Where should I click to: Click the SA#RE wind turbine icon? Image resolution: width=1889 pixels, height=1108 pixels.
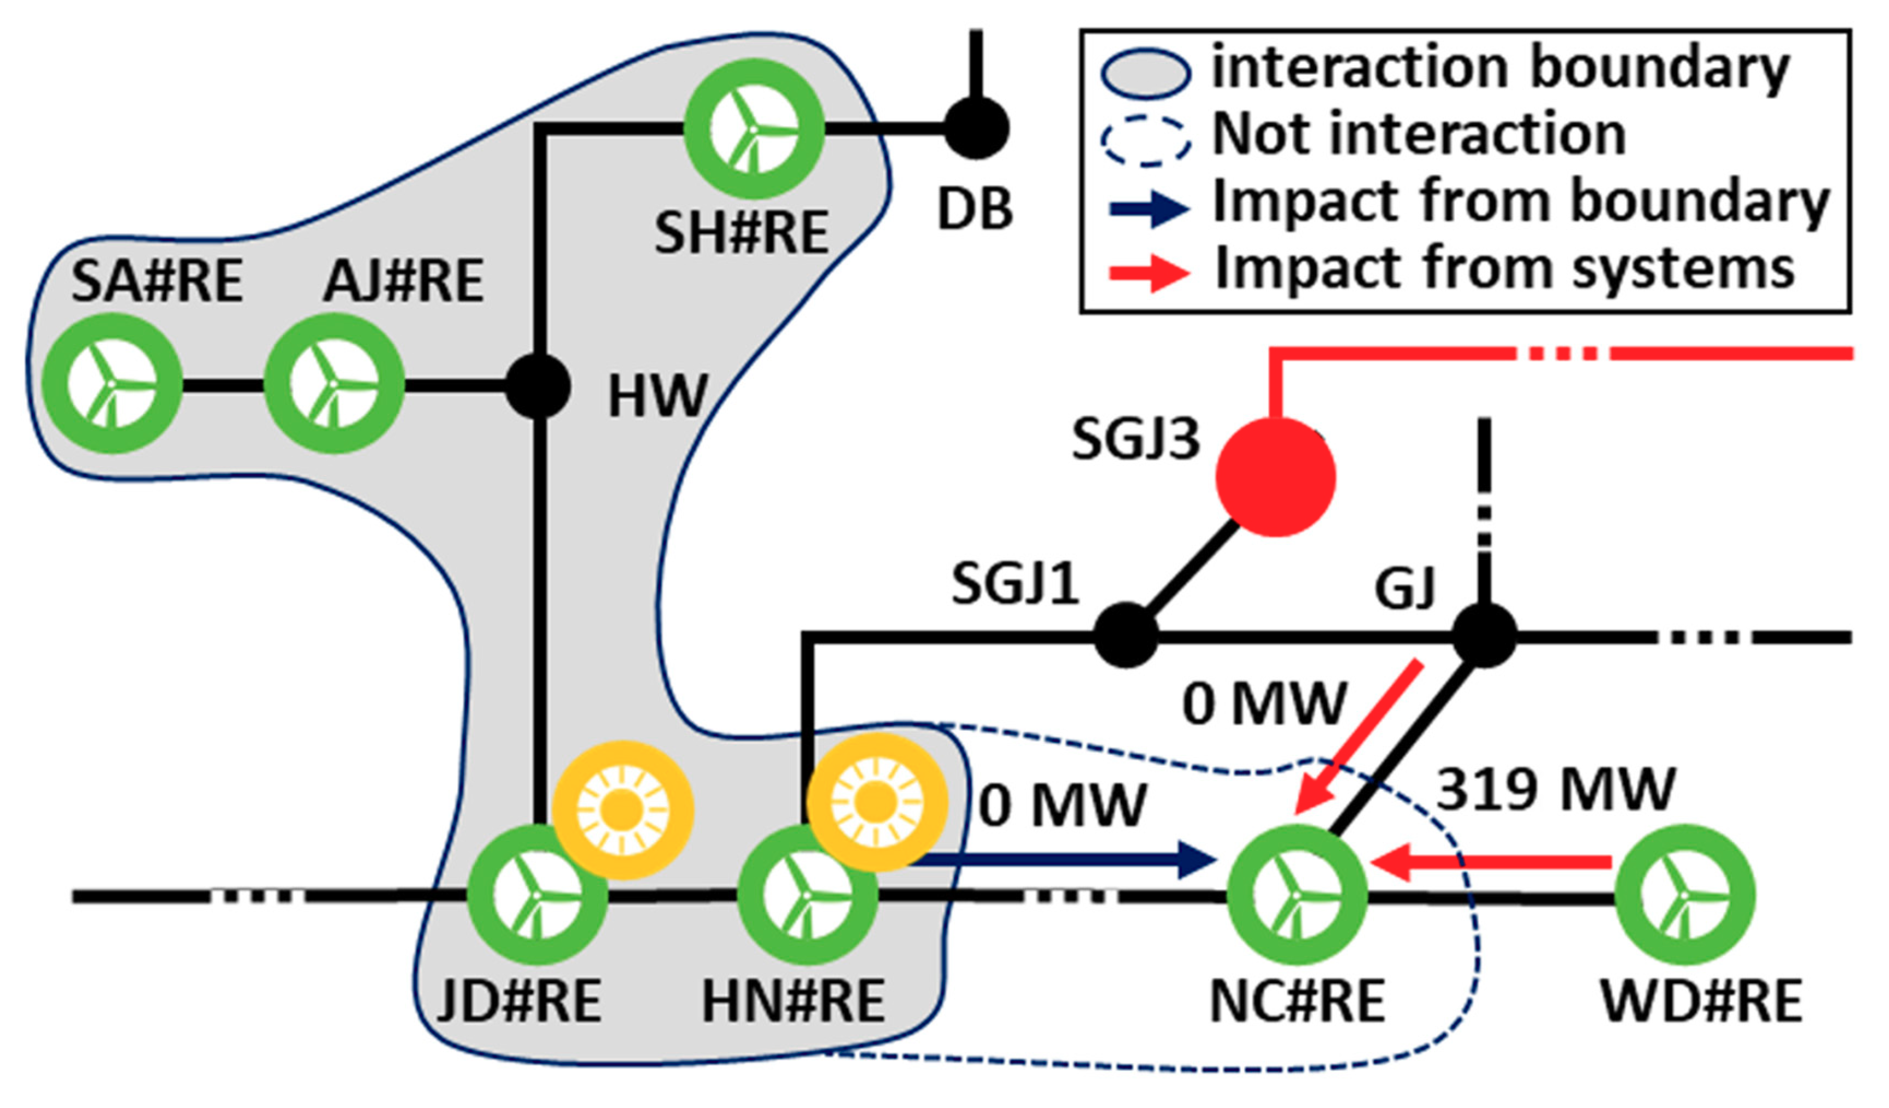112,384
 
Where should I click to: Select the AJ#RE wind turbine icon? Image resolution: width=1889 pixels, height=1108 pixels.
333,384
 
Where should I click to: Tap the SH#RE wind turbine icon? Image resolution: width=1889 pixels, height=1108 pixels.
754,129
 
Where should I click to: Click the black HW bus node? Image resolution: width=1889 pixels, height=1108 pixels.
538,387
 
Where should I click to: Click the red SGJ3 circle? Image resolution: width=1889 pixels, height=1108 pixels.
1275,477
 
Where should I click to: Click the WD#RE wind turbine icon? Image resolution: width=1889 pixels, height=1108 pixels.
1684,895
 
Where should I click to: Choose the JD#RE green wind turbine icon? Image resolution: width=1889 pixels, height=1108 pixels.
537,895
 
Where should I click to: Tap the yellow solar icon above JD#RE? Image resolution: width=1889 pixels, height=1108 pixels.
623,809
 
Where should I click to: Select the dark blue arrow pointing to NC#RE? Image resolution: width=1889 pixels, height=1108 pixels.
1065,859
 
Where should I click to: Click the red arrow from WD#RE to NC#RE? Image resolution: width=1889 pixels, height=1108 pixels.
1490,863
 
